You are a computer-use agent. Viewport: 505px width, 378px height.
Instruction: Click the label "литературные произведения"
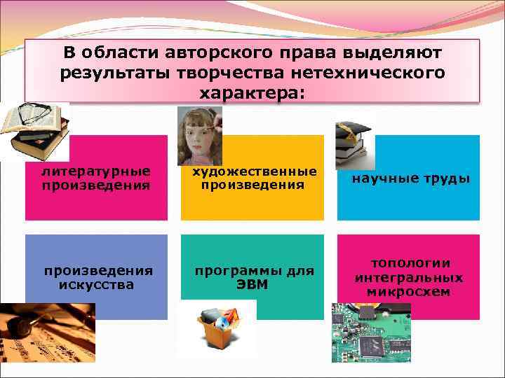pos(95,178)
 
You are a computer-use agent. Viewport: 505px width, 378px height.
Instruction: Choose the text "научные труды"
pos(410,179)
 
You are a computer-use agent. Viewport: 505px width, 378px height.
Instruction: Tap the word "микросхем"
pos(410,292)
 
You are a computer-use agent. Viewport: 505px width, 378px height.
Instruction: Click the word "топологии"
pos(410,263)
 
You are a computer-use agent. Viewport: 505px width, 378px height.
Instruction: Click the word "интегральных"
pos(410,278)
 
